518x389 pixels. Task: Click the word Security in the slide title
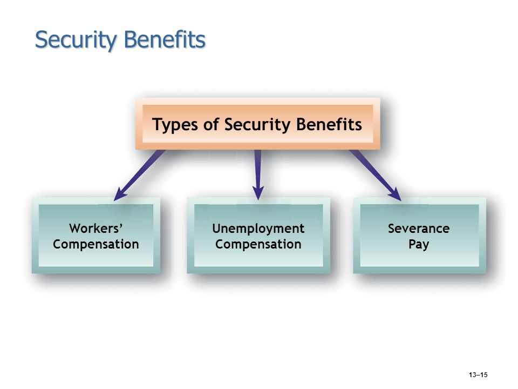[x=76, y=41]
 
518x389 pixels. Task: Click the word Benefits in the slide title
[x=165, y=39]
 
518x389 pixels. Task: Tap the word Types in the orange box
[x=174, y=125]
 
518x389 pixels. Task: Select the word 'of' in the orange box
[x=210, y=125]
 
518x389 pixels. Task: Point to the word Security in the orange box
[x=257, y=125]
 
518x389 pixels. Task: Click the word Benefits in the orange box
[x=329, y=124]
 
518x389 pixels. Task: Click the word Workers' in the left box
[x=96, y=228]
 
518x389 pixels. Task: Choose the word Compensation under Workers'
[x=96, y=245]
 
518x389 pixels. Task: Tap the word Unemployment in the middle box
[x=258, y=229]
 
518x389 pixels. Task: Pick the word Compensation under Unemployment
[x=258, y=245]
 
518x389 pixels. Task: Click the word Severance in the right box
[x=419, y=229]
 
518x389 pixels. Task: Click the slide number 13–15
[x=478, y=375]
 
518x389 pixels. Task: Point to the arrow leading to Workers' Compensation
[x=139, y=175]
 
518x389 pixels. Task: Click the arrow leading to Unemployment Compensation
[x=258, y=175]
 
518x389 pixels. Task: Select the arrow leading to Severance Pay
[x=376, y=175]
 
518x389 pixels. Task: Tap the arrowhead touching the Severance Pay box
[x=396, y=195]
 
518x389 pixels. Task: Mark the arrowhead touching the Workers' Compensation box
[x=119, y=195]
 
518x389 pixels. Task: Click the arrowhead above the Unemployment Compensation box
[x=258, y=193]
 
